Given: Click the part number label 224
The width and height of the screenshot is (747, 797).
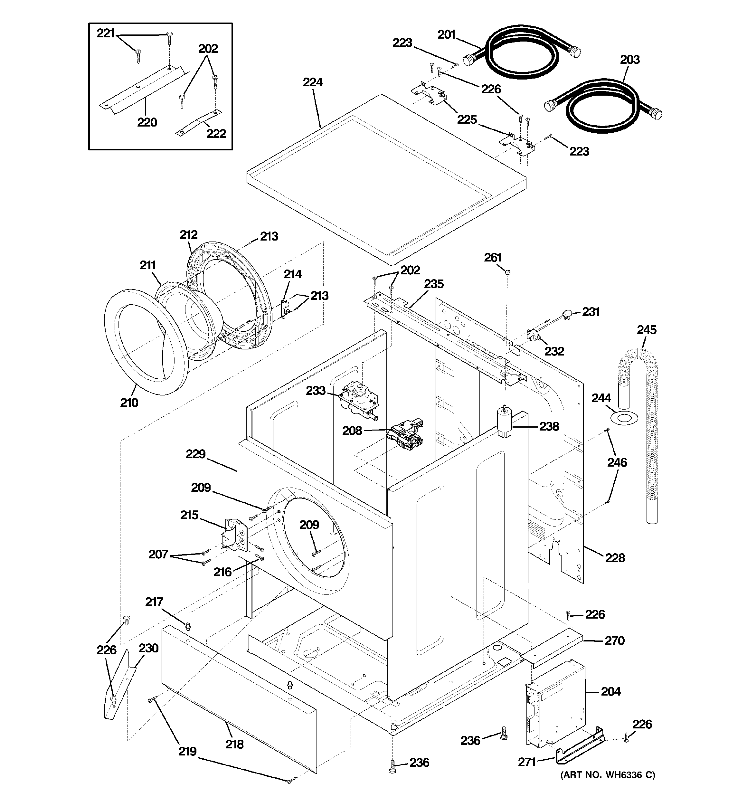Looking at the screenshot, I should tap(312, 82).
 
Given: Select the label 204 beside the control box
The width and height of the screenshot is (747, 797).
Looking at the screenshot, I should tap(610, 691).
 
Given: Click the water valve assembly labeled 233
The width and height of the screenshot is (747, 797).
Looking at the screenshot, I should tap(358, 400).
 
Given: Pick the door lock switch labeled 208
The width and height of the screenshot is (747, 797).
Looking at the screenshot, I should tap(405, 434).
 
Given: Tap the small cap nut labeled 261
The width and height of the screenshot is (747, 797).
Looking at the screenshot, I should tap(508, 272).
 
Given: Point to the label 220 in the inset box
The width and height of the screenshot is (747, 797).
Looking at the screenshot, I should tap(147, 122).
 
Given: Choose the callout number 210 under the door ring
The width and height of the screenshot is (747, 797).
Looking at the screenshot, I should tap(129, 403).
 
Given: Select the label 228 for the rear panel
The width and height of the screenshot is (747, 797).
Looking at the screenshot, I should tap(615, 558).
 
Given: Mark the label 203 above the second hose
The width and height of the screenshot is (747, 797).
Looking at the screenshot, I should tap(629, 60).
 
